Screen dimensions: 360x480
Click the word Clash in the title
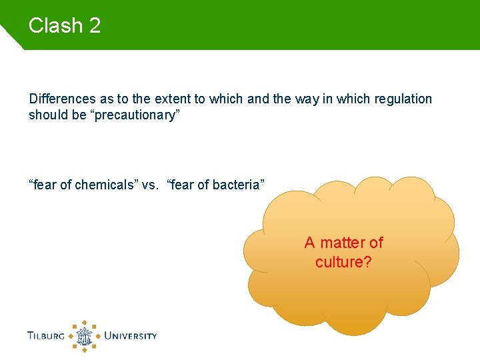(55, 26)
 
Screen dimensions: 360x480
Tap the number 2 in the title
(94, 26)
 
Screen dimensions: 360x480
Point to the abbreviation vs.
(152, 185)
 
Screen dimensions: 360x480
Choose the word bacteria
(237, 185)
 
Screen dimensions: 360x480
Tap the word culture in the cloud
(339, 262)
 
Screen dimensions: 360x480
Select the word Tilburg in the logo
(46, 335)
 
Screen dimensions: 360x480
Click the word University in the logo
(131, 335)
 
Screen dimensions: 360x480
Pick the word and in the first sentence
(258, 99)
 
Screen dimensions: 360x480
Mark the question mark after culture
(367, 262)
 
